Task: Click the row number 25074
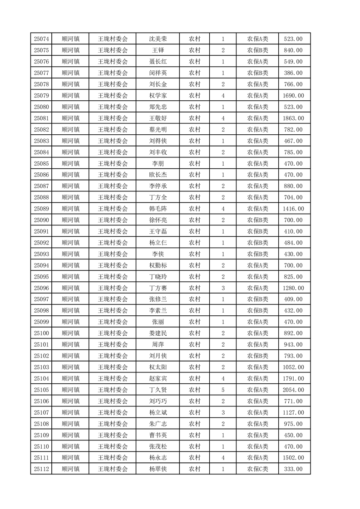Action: tap(41, 39)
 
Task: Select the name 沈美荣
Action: tap(158, 39)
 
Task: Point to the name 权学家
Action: tap(158, 96)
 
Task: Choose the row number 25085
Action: tap(41, 163)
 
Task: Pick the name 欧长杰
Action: tap(158, 175)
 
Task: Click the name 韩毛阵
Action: tap(158, 209)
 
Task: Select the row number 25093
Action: tap(41, 254)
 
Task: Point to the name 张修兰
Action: tap(158, 299)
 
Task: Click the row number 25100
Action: tap(41, 333)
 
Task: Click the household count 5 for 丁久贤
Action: tap(223, 390)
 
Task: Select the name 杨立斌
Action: tap(158, 412)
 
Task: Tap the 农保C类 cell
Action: tap(257, 469)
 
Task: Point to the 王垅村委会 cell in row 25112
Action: tap(113, 469)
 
